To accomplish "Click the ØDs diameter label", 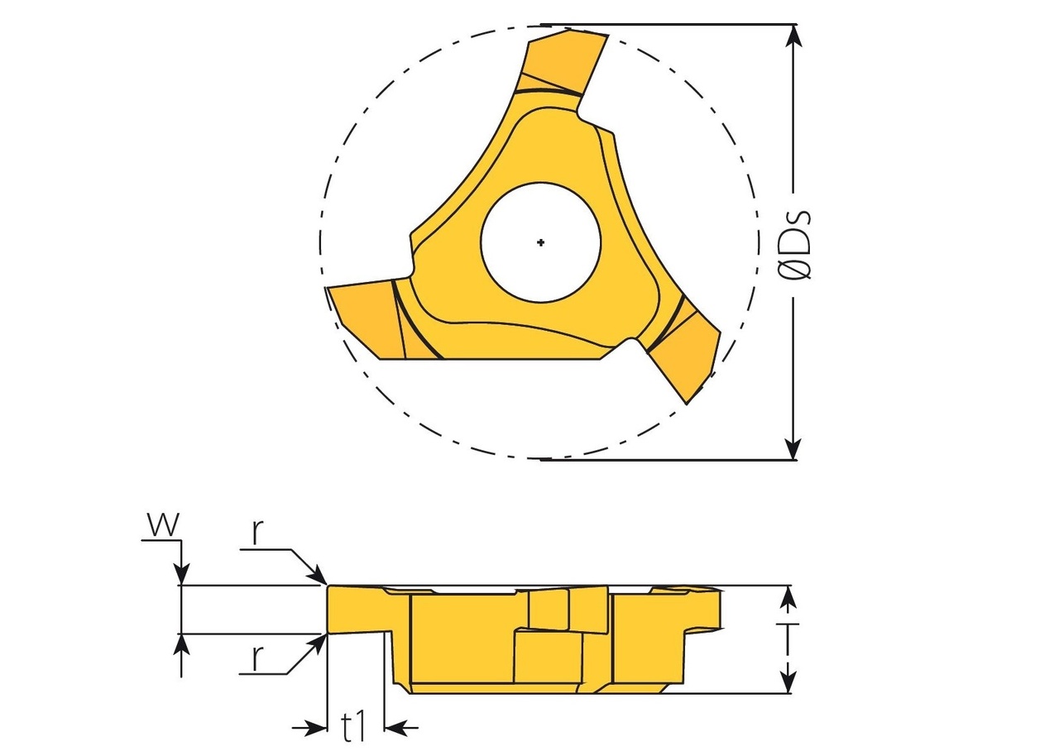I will (x=796, y=245).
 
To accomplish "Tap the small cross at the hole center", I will (x=540, y=242).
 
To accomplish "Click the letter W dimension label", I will (x=162, y=524).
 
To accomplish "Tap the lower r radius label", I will (x=257, y=658).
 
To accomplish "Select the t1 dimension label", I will (x=354, y=727).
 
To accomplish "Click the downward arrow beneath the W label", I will (x=181, y=574).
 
